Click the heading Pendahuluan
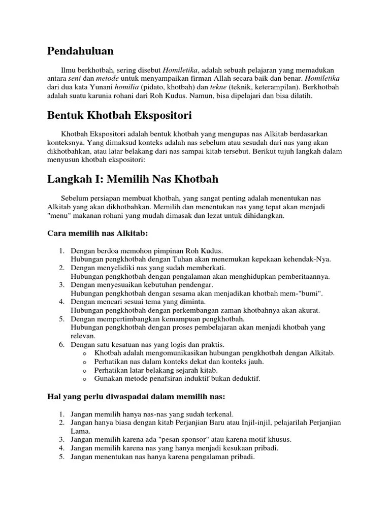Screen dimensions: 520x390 [80, 51]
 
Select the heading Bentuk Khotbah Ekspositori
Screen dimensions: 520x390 [119, 115]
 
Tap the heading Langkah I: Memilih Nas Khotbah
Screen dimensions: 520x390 [133, 179]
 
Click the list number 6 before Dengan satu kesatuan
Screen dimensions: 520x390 [61, 345]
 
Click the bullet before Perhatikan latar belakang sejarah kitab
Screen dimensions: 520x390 [84, 370]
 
